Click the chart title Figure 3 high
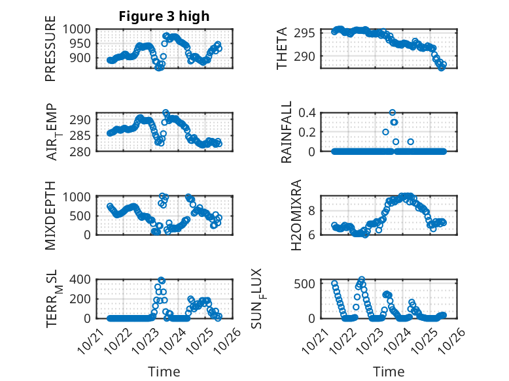click(164, 16)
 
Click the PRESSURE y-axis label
click(50, 52)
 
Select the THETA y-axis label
click(282, 49)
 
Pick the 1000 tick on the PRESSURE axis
click(80, 29)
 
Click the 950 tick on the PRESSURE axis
click(84, 43)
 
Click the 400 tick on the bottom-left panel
click(84, 280)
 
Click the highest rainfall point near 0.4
click(393, 112)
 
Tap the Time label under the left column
click(164, 372)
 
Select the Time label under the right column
click(389, 372)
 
